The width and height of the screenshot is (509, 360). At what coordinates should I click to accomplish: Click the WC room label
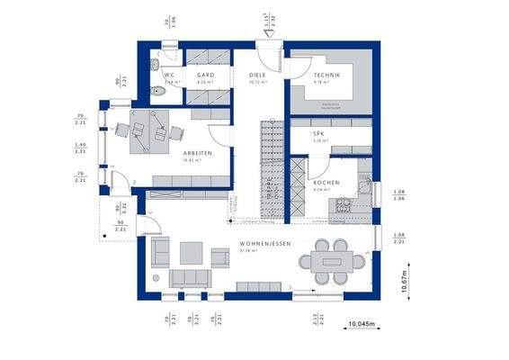pos(167,75)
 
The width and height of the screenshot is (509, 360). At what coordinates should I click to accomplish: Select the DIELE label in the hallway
pos(259,75)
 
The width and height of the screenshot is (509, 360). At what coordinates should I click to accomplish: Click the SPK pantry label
pos(318,134)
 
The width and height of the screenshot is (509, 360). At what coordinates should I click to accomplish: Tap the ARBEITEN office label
pos(197,154)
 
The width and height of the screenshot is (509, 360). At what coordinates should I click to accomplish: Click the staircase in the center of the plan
pos(267,166)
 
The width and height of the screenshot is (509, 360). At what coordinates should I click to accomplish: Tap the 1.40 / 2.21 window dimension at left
pos(79,149)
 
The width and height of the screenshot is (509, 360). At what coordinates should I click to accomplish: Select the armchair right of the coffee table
pos(220,256)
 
